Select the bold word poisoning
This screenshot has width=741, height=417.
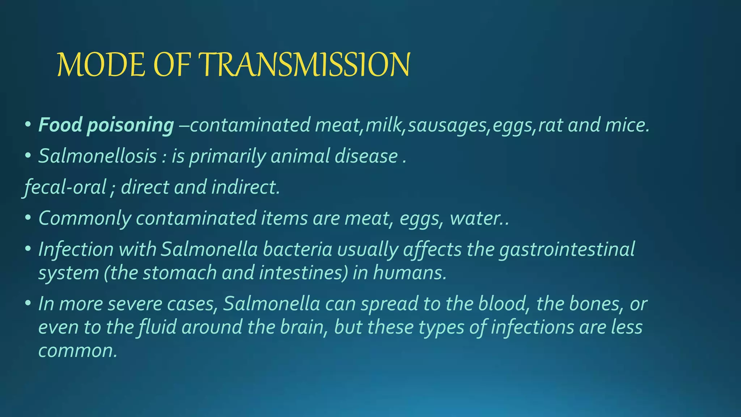click(131, 125)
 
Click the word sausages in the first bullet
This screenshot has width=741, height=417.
click(447, 125)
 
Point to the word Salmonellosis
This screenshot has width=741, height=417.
click(98, 156)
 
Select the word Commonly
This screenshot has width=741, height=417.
click(85, 219)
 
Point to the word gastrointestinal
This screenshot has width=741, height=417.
click(567, 249)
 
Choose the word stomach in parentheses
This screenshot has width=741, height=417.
click(180, 273)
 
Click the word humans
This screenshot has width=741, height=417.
click(410, 273)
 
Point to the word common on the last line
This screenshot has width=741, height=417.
click(77, 351)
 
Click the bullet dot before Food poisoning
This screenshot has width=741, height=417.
click(28, 125)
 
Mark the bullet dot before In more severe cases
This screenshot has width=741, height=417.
click(28, 304)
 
